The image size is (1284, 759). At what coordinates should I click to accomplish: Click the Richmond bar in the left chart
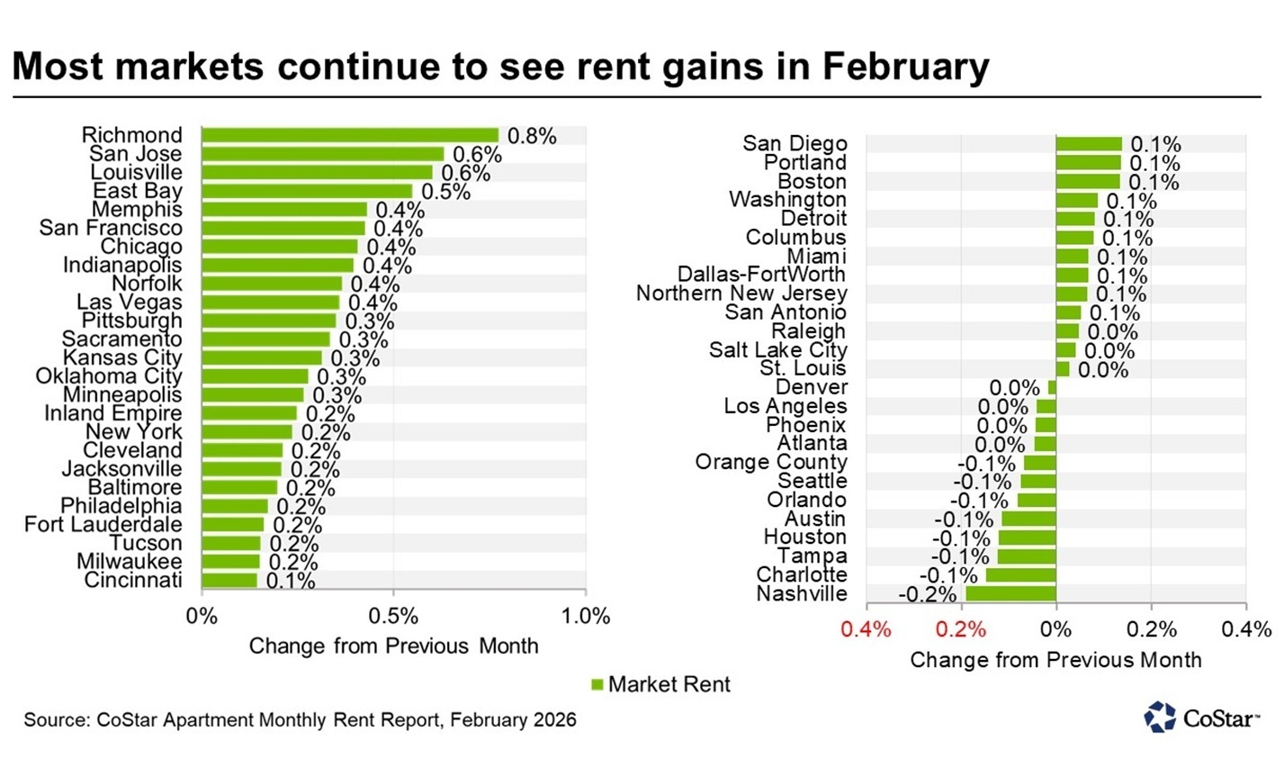click(349, 136)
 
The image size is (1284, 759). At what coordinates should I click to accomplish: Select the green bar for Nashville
click(1010, 593)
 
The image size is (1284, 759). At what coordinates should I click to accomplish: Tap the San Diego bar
click(1089, 144)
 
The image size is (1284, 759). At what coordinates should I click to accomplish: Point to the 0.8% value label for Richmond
click(532, 137)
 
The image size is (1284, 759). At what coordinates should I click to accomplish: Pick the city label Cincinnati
click(133, 581)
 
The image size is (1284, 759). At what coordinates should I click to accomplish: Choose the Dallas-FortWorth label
click(761, 275)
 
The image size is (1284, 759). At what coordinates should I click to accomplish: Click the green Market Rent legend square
click(597, 685)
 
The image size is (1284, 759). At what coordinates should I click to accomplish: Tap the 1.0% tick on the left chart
click(586, 617)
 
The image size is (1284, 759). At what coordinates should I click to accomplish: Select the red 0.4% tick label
click(866, 629)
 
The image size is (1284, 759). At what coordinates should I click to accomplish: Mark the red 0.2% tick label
click(961, 629)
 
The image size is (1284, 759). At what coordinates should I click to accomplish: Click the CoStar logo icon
click(1159, 717)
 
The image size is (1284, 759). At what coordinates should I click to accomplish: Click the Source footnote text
click(300, 720)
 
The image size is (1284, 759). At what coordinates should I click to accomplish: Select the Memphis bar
click(283, 210)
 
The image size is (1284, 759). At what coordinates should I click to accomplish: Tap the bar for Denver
click(1052, 387)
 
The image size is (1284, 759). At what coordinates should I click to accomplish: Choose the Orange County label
click(771, 462)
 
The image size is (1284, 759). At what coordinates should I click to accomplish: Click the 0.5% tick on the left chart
click(393, 617)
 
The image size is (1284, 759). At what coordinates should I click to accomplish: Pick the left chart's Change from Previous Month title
click(393, 646)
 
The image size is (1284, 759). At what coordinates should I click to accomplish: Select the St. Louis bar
click(1063, 369)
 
